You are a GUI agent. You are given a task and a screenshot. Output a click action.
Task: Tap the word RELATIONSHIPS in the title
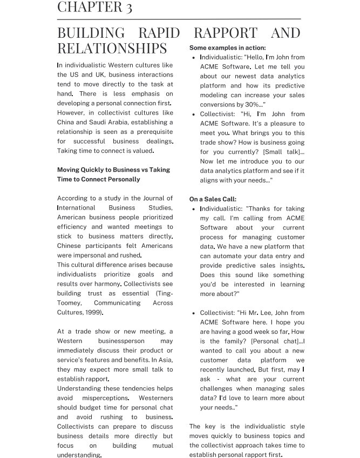(112, 49)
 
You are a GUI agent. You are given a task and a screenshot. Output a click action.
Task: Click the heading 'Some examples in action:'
(227, 48)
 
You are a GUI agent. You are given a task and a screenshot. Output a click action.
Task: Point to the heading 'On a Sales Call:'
(213, 199)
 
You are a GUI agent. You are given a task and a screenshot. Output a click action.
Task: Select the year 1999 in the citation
(93, 313)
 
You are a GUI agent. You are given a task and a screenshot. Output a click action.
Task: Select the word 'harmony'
(104, 284)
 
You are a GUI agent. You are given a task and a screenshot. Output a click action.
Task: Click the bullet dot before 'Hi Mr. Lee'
(193, 313)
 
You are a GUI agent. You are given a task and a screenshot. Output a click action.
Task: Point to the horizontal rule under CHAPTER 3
(179, 19)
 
